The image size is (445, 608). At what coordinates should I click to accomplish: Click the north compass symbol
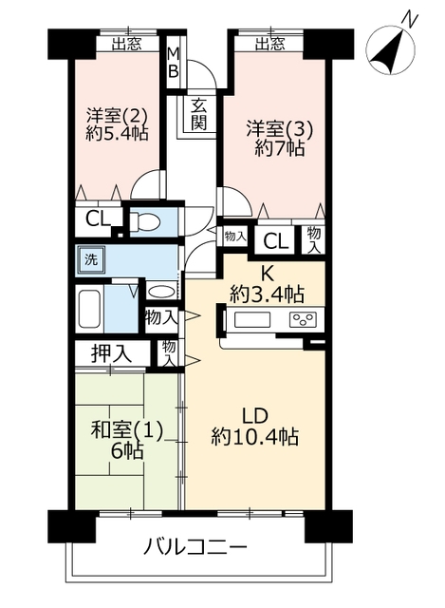[x=390, y=49]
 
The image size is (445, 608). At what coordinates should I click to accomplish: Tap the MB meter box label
[x=174, y=62]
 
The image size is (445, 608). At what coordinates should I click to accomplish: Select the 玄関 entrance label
[x=198, y=114]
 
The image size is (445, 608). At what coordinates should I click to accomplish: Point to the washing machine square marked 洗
[x=91, y=259]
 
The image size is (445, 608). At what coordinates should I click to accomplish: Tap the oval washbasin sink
[x=162, y=292]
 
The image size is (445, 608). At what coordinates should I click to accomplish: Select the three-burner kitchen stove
[x=303, y=319]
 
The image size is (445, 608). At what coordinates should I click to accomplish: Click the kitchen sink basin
[x=251, y=320]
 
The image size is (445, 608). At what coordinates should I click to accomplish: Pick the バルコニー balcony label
[x=196, y=547]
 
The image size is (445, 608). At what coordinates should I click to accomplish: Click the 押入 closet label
[x=111, y=353]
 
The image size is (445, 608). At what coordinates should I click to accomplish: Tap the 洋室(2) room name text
[x=117, y=115]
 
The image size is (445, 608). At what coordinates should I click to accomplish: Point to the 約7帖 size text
[x=280, y=147]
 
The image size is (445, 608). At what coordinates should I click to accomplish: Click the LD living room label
[x=255, y=416]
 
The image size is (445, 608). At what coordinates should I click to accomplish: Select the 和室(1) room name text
[x=126, y=430]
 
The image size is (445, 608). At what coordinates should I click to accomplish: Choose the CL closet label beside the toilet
[x=99, y=219]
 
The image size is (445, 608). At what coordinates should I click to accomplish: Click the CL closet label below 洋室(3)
[x=276, y=241]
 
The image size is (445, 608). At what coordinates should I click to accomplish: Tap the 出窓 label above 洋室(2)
[x=127, y=45]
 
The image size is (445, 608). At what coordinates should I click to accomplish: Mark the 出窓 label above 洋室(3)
[x=270, y=45]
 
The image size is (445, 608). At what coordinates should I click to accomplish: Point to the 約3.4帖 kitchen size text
[x=267, y=294]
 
